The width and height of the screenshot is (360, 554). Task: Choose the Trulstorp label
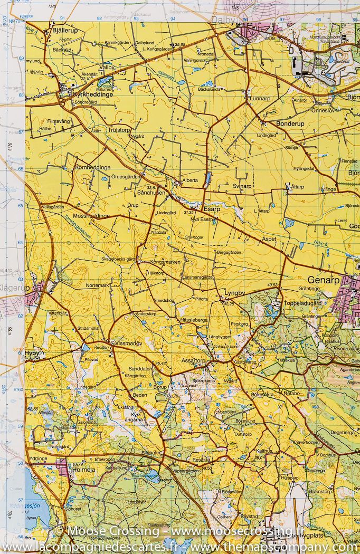[119, 130]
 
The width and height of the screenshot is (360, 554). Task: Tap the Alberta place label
[190, 180]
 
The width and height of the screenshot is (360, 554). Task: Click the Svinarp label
[242, 186]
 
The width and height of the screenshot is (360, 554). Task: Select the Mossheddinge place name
[91, 216]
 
